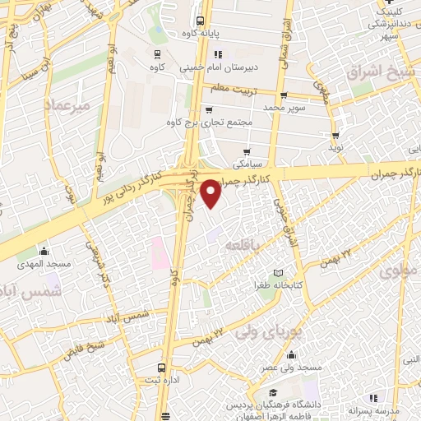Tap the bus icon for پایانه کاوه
199,21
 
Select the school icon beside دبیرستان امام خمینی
218,54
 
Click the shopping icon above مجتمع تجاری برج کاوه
209,109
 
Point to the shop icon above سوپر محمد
283,95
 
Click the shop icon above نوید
335,136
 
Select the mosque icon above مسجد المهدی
44,252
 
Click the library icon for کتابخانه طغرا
278,272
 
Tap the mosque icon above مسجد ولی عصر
291,355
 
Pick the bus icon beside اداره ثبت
162,368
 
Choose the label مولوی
400,268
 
